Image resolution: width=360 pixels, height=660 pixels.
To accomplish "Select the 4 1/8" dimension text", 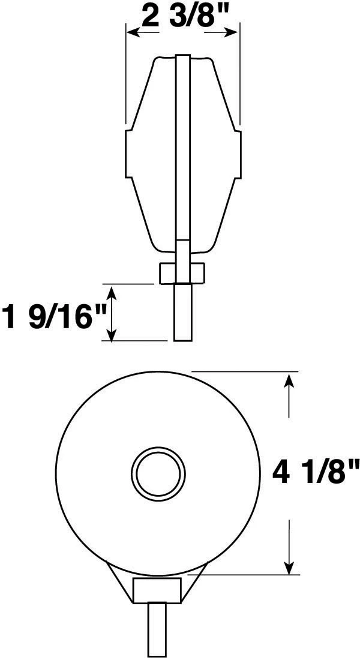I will pyautogui.click(x=316, y=473).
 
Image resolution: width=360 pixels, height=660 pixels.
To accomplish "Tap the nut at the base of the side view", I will pyautogui.click(x=182, y=272).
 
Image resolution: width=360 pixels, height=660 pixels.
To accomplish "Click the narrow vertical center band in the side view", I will pyautogui.click(x=183, y=150).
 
